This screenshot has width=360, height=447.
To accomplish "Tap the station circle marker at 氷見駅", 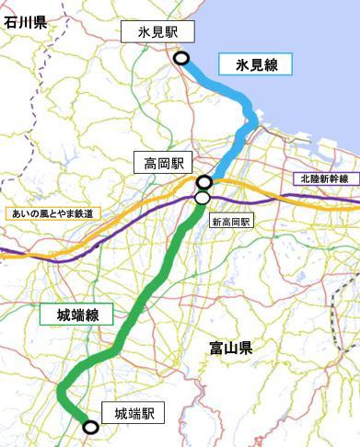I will (x=182, y=58).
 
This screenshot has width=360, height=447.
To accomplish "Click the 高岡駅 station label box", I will (x=160, y=164).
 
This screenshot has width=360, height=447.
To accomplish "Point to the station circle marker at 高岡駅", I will (x=204, y=182).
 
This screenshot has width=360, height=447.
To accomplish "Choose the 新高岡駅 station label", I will (x=231, y=222).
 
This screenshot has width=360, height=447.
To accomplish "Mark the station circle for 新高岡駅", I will (x=203, y=197).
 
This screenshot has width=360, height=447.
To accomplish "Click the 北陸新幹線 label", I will (x=323, y=178).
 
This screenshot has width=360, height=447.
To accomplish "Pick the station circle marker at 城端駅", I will (x=90, y=427).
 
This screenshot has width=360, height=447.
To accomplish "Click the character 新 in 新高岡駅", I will (x=215, y=222).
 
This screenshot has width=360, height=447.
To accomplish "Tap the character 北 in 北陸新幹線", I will (x=303, y=178).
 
